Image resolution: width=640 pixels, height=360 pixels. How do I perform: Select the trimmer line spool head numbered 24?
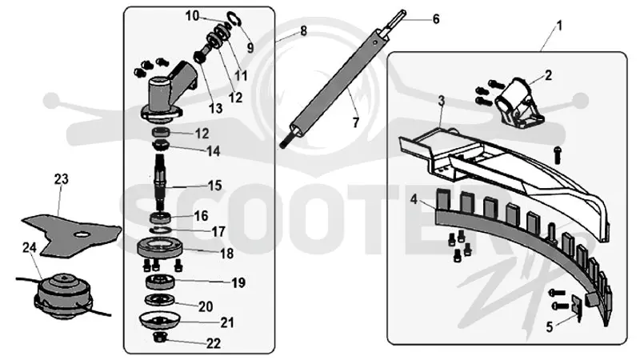pos(62,296)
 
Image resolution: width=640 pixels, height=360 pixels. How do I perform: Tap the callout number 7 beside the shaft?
pos(355,122)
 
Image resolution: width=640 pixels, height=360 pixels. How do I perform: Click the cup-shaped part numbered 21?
pos(158,320)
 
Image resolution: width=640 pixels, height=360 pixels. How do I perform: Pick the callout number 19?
pos(238,282)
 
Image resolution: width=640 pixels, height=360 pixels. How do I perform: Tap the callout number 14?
pos(214,151)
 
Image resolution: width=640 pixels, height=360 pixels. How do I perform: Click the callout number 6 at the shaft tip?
pos(436,18)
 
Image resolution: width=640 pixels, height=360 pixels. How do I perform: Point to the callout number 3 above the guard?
pos(442,101)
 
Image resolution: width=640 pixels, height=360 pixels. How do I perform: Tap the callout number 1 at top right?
pos(559,26)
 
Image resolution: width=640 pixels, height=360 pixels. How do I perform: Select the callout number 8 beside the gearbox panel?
pos(303,31)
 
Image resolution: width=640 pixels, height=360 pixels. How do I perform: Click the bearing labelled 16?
pos(161,217)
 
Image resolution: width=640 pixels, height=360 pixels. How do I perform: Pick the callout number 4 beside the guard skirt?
pos(414,200)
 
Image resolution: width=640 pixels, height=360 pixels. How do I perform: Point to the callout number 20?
pos(206,306)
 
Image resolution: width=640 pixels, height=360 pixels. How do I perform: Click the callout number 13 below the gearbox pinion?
pos(215,108)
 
